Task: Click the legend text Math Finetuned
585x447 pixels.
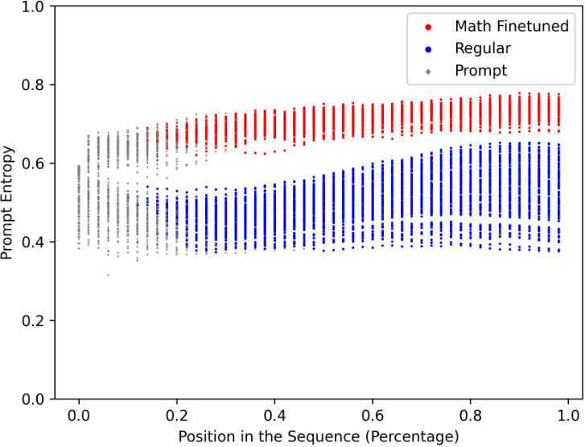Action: pos(511,27)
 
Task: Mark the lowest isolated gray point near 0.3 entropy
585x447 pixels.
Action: pos(108,275)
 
